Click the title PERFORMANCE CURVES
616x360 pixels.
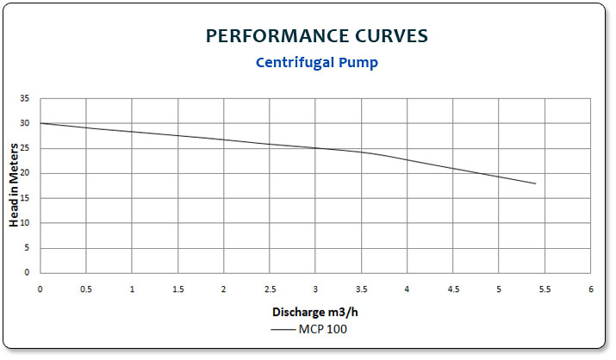(316, 36)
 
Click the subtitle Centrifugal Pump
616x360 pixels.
(316, 63)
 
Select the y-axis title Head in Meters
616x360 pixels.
(15, 186)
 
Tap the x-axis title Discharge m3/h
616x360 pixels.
(314, 311)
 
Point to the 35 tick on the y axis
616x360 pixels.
(25, 99)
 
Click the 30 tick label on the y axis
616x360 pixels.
(25, 124)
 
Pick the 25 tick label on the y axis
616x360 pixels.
(25, 148)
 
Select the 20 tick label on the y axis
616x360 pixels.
(25, 173)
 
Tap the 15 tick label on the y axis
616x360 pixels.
(25, 198)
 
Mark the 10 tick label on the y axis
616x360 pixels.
(25, 223)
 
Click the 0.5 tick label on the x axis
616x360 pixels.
(86, 289)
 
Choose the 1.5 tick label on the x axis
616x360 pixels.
(177, 289)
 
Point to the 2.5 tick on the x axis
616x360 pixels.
(270, 289)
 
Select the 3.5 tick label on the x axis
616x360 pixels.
(361, 289)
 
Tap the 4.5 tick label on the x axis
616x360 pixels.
(453, 289)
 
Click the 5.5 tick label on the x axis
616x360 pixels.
(544, 289)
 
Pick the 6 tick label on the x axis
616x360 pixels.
(591, 289)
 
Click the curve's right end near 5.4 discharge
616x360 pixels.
(536, 183)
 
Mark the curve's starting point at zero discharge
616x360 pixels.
(40, 123)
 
